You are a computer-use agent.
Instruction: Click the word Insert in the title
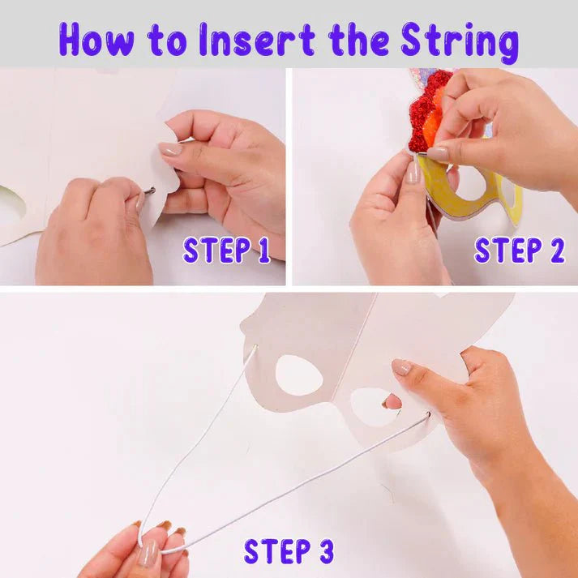pyautogui.click(x=257, y=40)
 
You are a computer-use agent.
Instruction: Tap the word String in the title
pyautogui.click(x=460, y=41)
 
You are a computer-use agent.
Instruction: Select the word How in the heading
pyautogui.click(x=96, y=40)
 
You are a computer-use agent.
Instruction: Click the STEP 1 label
pyautogui.click(x=226, y=250)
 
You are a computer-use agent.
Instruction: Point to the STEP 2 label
pyautogui.click(x=519, y=250)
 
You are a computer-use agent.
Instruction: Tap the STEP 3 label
pyautogui.click(x=289, y=551)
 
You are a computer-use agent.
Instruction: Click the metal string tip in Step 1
pyautogui.click(x=149, y=191)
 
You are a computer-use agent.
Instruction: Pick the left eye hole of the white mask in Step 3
pyautogui.click(x=298, y=375)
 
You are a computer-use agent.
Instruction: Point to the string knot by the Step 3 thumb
pyautogui.click(x=427, y=415)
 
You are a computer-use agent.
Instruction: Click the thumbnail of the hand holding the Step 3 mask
pyautogui.click(x=401, y=367)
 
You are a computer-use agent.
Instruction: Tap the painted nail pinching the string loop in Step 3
pyautogui.click(x=148, y=553)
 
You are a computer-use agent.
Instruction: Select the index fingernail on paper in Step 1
pyautogui.click(x=170, y=149)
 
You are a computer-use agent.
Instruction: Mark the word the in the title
pyautogui.click(x=358, y=40)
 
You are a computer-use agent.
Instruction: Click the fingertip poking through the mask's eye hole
pyautogui.click(x=392, y=401)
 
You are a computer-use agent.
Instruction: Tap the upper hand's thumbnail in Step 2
pyautogui.click(x=438, y=153)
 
